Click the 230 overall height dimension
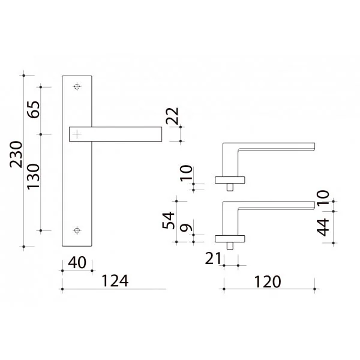coord(16,154)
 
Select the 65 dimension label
coord(34,110)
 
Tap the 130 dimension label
coord(34,176)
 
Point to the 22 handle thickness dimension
coord(172,116)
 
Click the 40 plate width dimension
coord(77,263)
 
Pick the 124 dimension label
coord(115,281)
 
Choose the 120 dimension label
coord(268,282)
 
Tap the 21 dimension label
coord(213,258)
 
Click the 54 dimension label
coord(168,220)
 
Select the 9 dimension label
coord(186,227)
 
